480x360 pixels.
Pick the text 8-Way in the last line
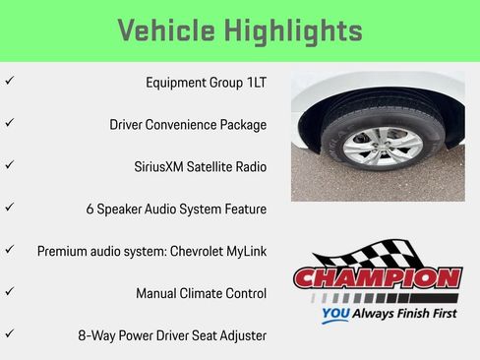pos(96,335)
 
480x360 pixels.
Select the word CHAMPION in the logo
pos(379,278)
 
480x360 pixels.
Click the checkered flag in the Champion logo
pos(393,252)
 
